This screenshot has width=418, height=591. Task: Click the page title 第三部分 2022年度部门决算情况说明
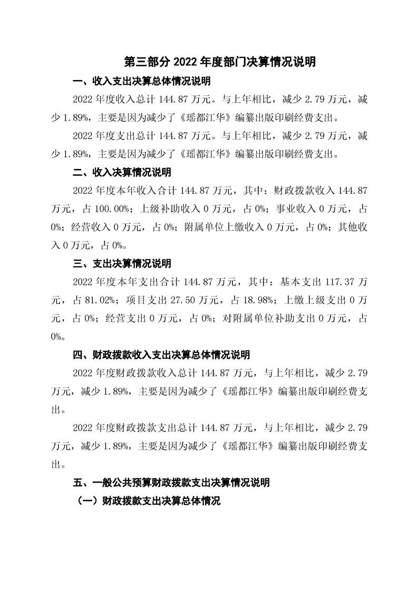pos(220,62)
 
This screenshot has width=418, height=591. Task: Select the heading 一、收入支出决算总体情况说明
pos(141,82)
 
